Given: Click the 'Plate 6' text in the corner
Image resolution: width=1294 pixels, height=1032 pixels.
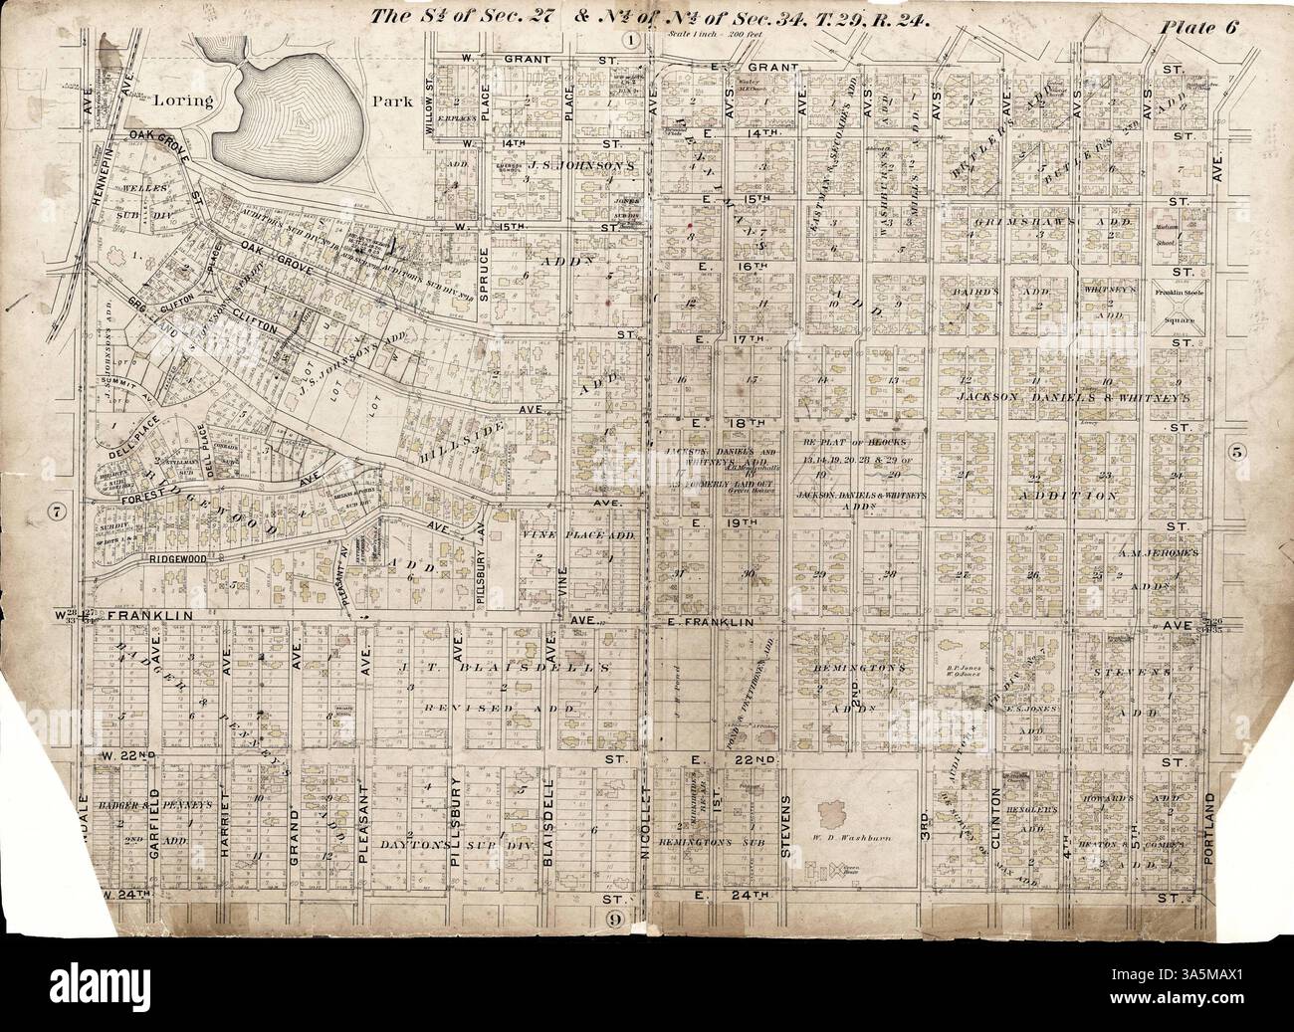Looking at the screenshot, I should coord(1197,27).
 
